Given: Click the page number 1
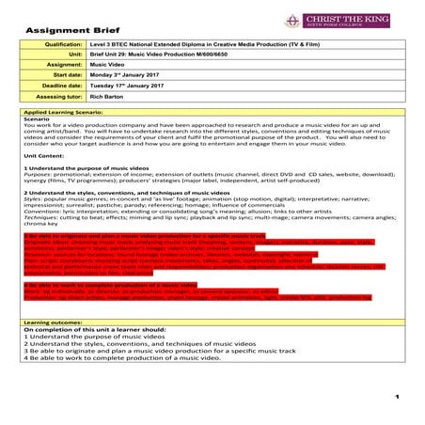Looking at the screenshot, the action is click(398, 398).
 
